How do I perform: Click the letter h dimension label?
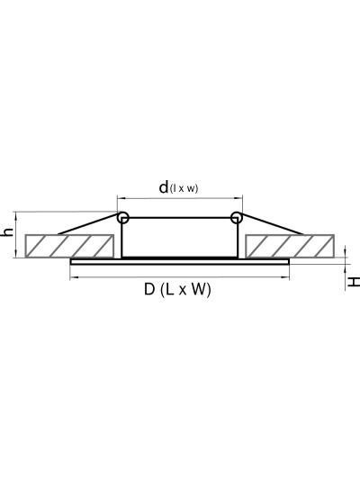click(6, 231)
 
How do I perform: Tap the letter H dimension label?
click(354, 282)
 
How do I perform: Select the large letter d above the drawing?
click(164, 186)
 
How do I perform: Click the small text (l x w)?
click(184, 188)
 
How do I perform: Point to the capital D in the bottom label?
click(149, 289)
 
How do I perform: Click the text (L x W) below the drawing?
click(185, 290)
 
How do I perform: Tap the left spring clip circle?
click(123, 217)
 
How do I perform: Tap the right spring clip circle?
click(236, 217)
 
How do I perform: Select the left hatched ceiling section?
click(69, 246)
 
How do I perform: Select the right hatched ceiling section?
click(290, 246)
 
